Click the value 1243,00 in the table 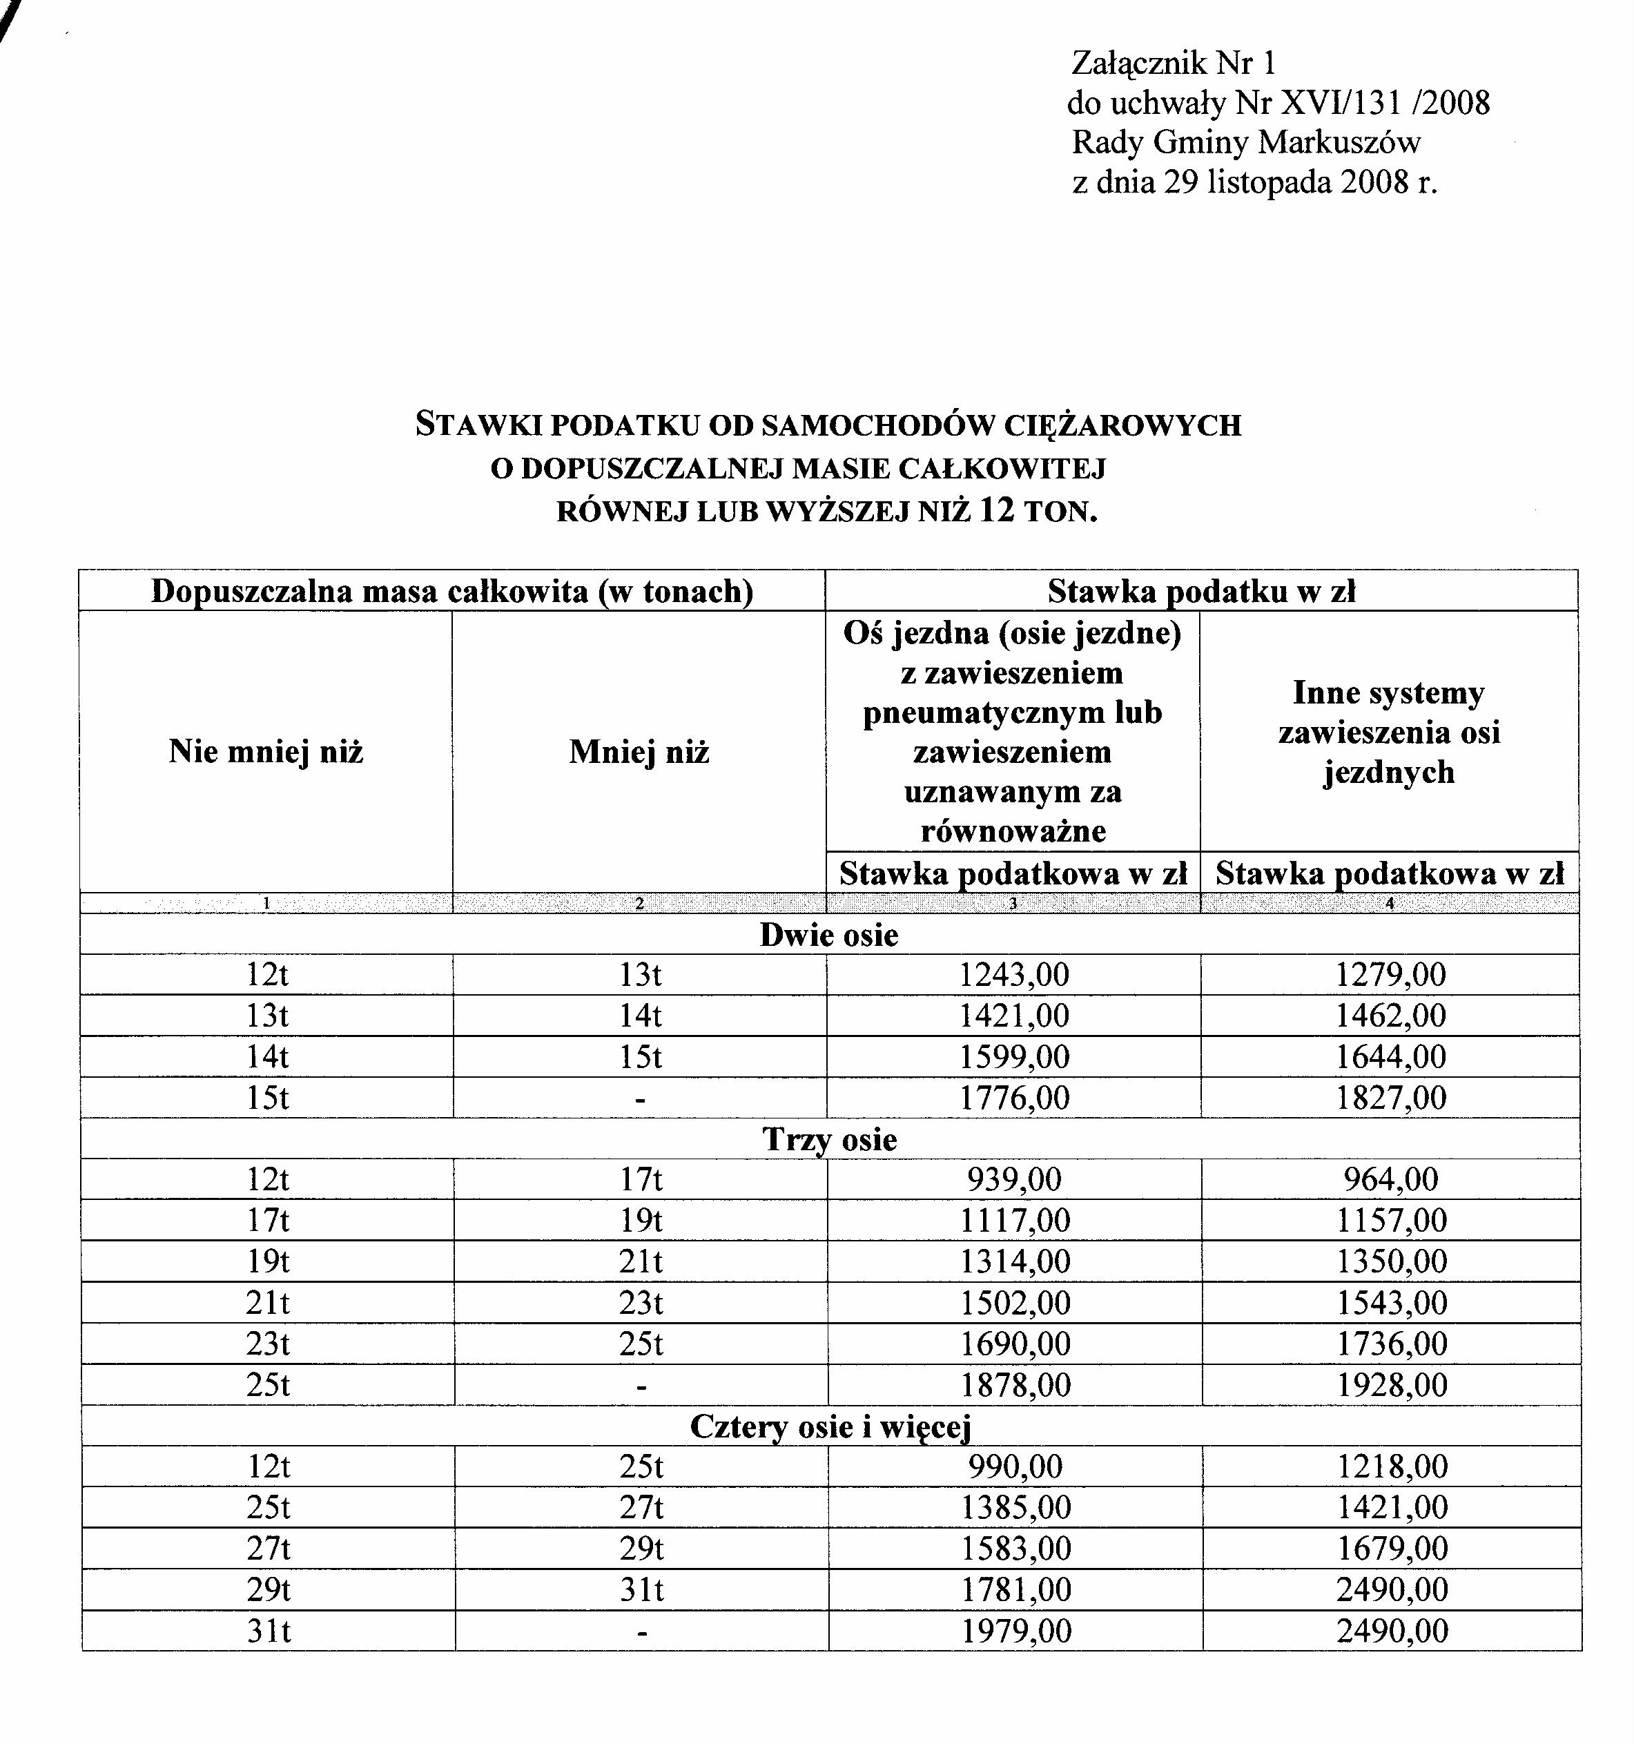pos(1014,975)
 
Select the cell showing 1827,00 pos(1390,1098)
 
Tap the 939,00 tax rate pos(1014,1179)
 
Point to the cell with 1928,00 pos(1391,1384)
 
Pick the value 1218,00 pos(1392,1466)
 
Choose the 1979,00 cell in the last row pos(1015,1631)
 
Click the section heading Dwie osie pos(829,934)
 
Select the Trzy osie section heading pos(829,1139)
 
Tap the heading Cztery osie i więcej pos(830,1426)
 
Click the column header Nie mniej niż pos(266,752)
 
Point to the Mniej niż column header pos(639,752)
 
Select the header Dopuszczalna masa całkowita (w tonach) pos(451,591)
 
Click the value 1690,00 pos(1015,1343)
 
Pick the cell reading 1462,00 pos(1390,1016)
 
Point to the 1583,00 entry pos(1015,1549)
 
